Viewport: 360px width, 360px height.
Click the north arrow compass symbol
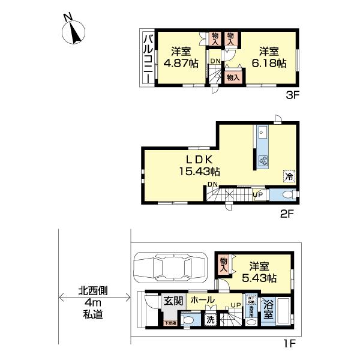click(x=74, y=32)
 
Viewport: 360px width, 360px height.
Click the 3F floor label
click(x=291, y=94)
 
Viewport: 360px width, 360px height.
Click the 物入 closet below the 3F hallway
click(x=233, y=77)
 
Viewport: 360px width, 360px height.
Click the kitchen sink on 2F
click(x=263, y=133)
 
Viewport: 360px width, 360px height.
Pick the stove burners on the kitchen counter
click(x=263, y=160)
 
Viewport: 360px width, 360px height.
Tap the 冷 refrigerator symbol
click(x=289, y=176)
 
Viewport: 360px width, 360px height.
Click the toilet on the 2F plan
click(x=288, y=194)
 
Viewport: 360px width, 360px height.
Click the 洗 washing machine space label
click(x=211, y=320)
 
